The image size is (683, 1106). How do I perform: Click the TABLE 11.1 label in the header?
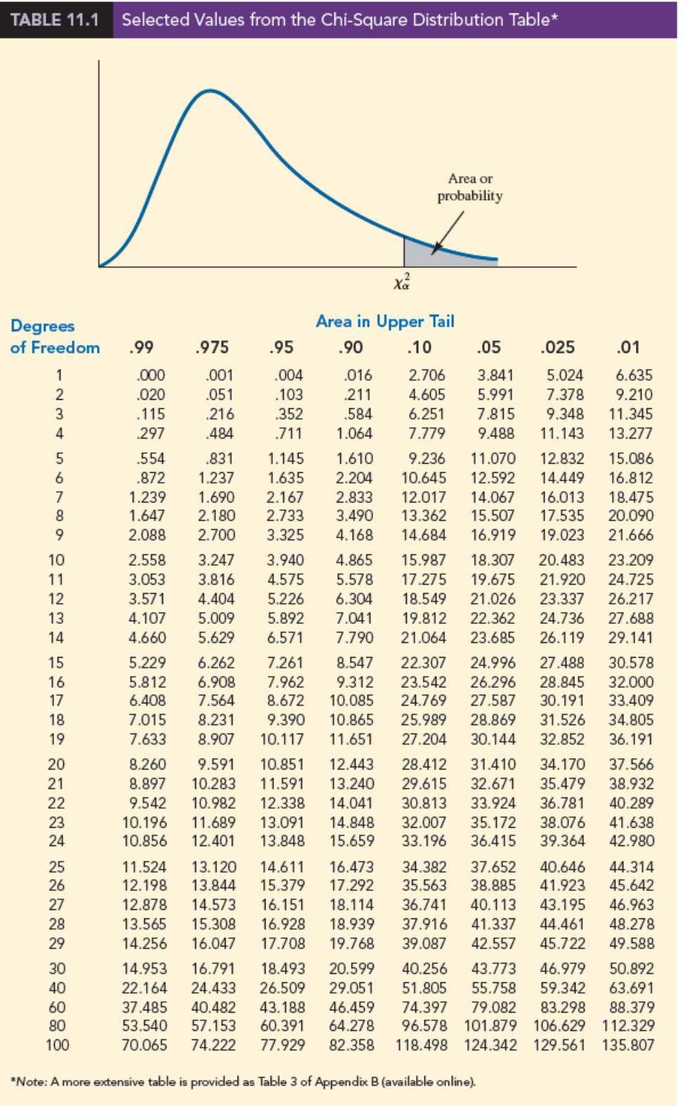pyautogui.click(x=55, y=19)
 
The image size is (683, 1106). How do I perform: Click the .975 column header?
pyautogui.click(x=212, y=347)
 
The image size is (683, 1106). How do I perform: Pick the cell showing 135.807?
pyautogui.click(x=628, y=1045)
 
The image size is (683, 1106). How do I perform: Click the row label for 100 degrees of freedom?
pyautogui.click(x=58, y=1045)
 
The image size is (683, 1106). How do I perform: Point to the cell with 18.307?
pyautogui.click(x=493, y=560)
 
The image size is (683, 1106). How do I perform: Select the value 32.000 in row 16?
pyautogui.click(x=631, y=682)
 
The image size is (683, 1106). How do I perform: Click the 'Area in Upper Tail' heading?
pyautogui.click(x=384, y=321)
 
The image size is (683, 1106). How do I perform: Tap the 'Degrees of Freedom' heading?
pyautogui.click(x=54, y=337)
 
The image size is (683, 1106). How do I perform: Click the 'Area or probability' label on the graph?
pyautogui.click(x=470, y=187)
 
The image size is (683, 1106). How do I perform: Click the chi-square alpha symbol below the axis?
pyautogui.click(x=402, y=282)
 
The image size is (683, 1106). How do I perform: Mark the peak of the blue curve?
pyautogui.click(x=209, y=91)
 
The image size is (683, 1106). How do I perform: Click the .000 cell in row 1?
pyautogui.click(x=150, y=375)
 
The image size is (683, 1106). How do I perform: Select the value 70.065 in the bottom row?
pyautogui.click(x=144, y=1045)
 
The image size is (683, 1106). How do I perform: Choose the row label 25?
pyautogui.click(x=57, y=867)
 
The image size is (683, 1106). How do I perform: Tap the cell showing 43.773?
pyautogui.click(x=493, y=968)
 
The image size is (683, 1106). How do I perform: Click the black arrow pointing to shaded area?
pyautogui.click(x=448, y=233)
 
